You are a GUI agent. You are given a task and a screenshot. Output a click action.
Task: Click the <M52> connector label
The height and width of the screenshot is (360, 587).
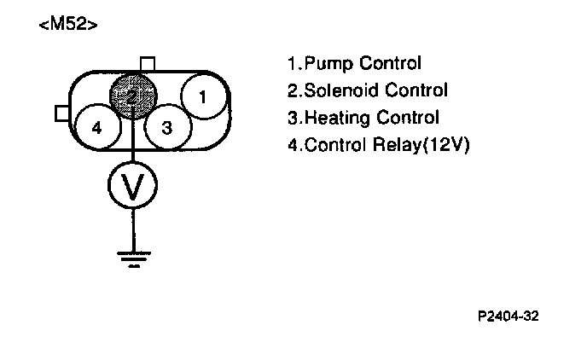point(67,25)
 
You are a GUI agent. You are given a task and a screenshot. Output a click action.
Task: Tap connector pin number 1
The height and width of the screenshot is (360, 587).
point(202,97)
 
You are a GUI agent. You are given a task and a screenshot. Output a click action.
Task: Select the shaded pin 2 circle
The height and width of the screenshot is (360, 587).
point(132,96)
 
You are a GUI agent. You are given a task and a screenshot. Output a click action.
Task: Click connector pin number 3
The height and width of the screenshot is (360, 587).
point(166,128)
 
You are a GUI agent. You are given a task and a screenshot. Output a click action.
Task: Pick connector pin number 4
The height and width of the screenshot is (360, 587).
point(96,128)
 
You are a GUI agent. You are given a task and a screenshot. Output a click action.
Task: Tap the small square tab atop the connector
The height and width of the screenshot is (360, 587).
point(148,64)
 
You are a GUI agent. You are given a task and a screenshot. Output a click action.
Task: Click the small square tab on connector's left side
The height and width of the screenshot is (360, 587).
point(61,113)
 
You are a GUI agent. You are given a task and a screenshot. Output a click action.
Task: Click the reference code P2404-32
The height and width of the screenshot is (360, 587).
point(509,316)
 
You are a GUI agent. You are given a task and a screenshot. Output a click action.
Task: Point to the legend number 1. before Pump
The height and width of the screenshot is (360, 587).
point(295,64)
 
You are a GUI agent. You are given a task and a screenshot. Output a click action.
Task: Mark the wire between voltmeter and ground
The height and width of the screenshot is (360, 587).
point(131,229)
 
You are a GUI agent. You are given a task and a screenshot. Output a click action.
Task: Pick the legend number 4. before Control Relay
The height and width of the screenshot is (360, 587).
point(295,145)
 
